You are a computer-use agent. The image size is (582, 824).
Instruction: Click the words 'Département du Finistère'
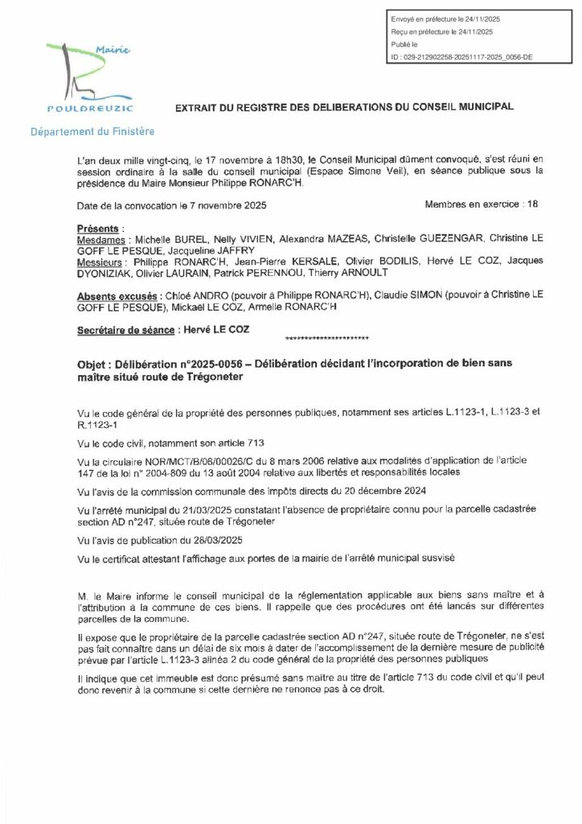(x=92, y=130)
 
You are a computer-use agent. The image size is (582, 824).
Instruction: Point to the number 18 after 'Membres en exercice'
(x=532, y=205)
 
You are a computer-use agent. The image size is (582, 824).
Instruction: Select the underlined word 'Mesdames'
(x=101, y=240)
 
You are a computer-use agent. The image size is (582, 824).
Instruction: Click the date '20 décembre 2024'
(x=391, y=490)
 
